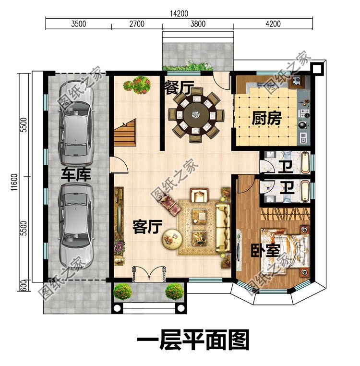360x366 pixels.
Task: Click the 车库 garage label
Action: (x=76, y=174)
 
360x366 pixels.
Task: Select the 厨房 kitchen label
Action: (x=266, y=118)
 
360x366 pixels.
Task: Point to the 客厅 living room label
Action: (x=147, y=227)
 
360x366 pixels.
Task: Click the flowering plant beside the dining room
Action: (x=137, y=85)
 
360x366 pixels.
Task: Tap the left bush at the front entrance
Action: (x=123, y=291)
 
